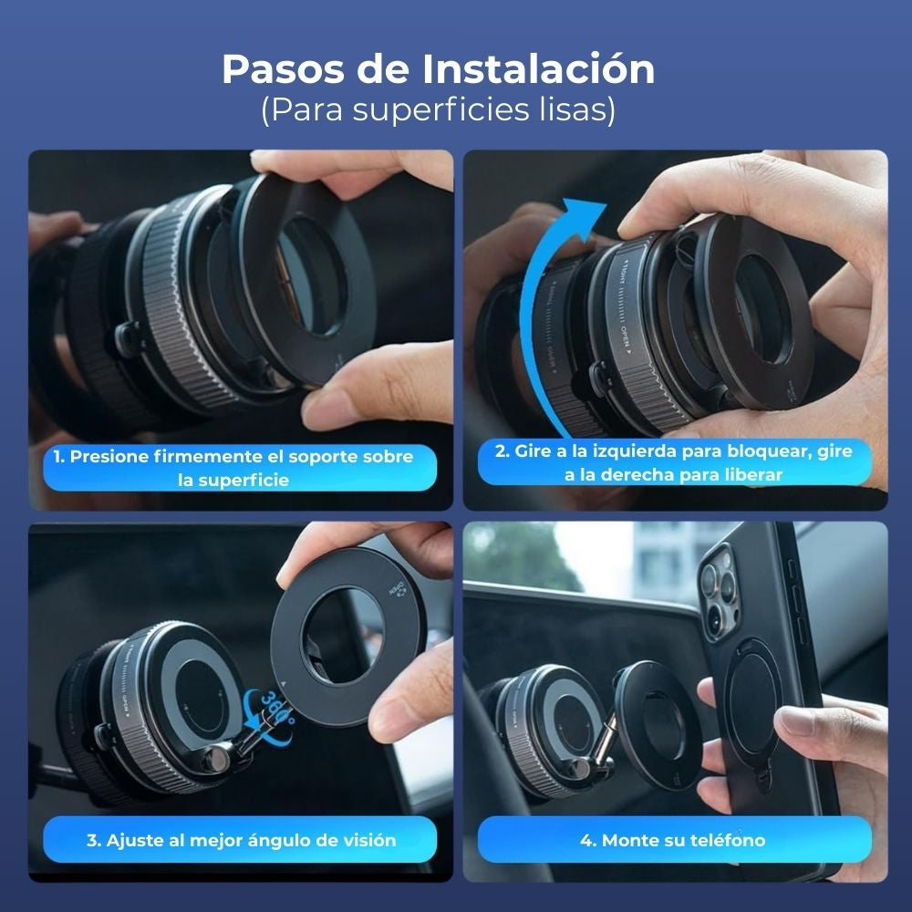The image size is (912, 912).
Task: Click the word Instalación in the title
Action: click(538, 69)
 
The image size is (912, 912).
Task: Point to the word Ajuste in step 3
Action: click(137, 840)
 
